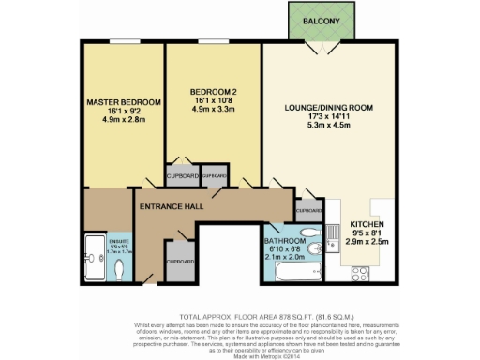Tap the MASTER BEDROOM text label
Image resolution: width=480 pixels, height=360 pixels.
pos(123,102)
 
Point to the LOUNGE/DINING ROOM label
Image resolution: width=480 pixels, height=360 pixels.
pos(329,109)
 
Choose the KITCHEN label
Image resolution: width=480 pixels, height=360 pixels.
pos(367,225)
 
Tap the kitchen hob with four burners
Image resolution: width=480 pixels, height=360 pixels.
pos(361,275)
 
